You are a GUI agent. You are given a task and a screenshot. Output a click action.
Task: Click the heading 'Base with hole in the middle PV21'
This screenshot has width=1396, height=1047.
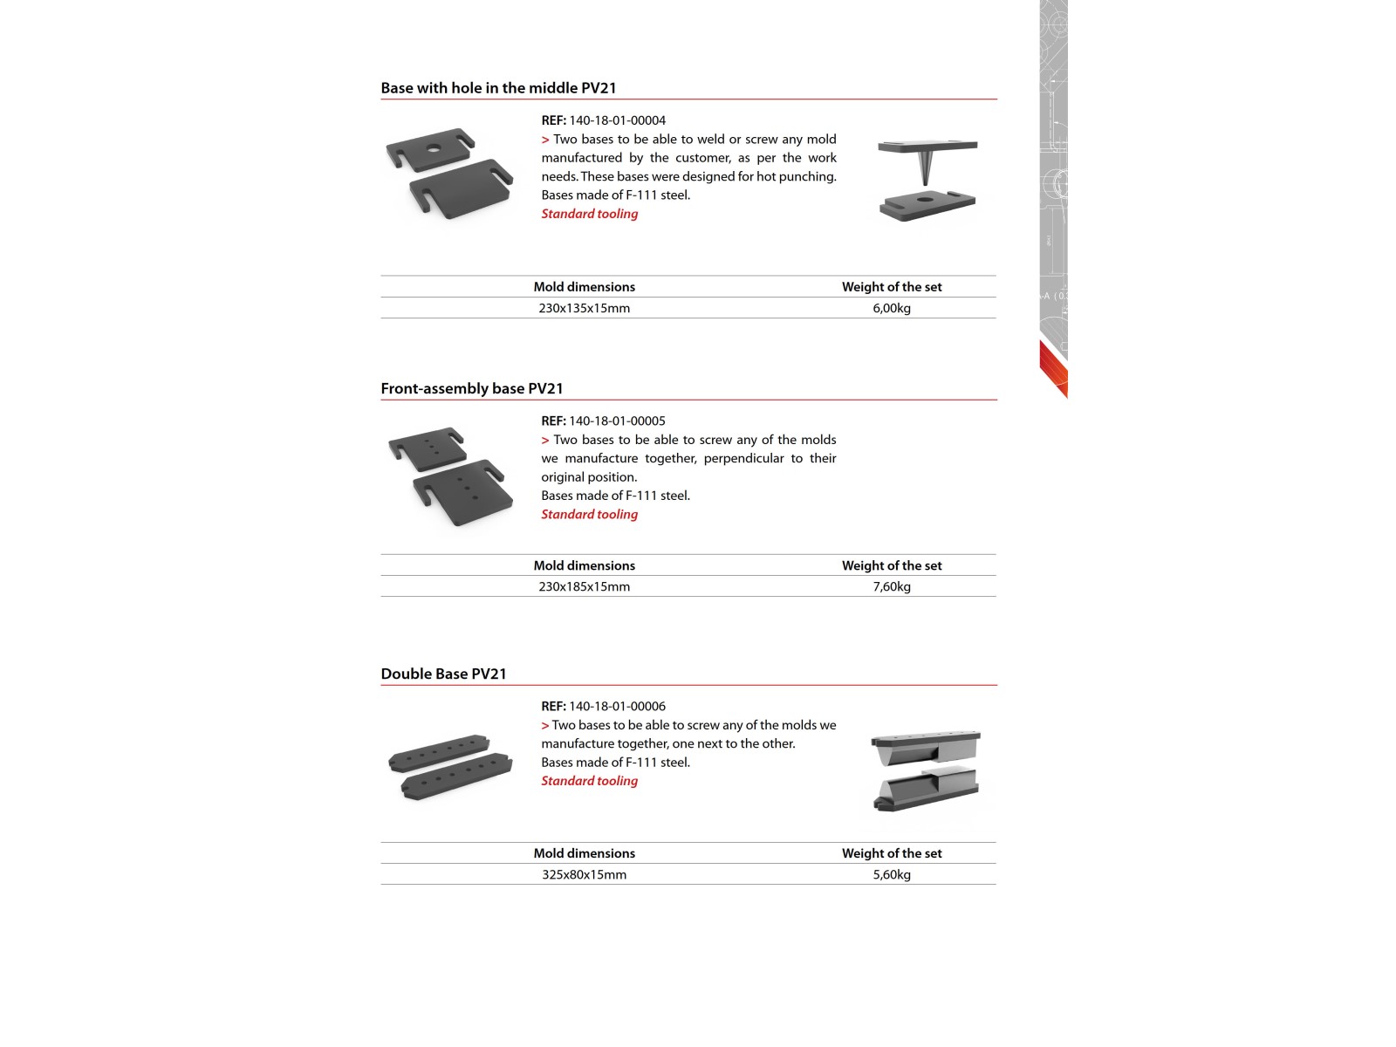[x=498, y=88]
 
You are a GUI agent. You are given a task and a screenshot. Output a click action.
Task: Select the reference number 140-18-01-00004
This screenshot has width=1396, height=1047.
[x=617, y=120]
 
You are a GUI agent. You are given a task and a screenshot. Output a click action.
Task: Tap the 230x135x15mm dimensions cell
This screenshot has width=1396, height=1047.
[x=584, y=308]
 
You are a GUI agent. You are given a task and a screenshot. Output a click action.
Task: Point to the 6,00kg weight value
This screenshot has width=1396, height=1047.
[x=891, y=308]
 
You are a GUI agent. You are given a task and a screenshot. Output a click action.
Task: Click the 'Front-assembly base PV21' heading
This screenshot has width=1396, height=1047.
[x=471, y=388]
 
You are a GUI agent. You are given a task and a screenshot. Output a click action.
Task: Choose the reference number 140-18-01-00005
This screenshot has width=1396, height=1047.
[x=617, y=421]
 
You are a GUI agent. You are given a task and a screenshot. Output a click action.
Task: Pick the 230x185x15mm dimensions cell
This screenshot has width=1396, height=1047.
[x=584, y=586]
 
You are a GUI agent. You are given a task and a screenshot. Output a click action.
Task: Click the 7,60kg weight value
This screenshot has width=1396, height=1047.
[x=891, y=586]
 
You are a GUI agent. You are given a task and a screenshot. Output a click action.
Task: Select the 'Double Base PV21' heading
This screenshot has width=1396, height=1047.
[x=443, y=674]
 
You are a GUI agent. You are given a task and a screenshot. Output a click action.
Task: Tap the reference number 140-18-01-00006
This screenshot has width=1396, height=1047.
[x=617, y=706]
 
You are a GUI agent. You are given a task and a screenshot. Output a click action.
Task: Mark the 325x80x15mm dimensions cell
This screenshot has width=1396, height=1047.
[x=584, y=874]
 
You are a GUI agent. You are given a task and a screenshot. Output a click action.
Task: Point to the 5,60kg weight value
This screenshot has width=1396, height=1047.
[x=891, y=874]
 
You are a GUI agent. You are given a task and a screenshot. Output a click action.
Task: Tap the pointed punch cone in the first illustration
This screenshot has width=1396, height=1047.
[x=926, y=165]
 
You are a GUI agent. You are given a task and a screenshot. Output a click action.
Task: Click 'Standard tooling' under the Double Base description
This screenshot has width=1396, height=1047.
[x=589, y=781]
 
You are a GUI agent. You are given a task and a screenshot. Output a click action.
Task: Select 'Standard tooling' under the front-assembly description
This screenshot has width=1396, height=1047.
[x=589, y=514]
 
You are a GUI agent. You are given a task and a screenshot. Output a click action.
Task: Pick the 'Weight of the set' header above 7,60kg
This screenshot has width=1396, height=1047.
[x=891, y=565]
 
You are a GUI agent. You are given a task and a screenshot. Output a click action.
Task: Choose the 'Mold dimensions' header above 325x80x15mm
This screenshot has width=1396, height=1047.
[x=584, y=853]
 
